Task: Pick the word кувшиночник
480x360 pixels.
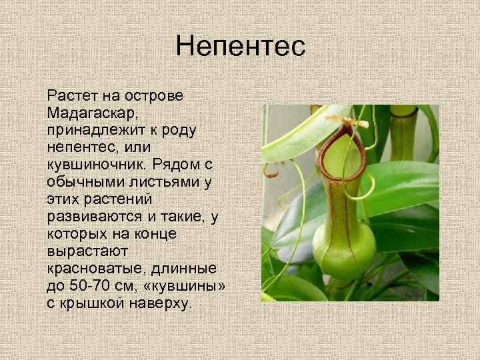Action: coord(96,164)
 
